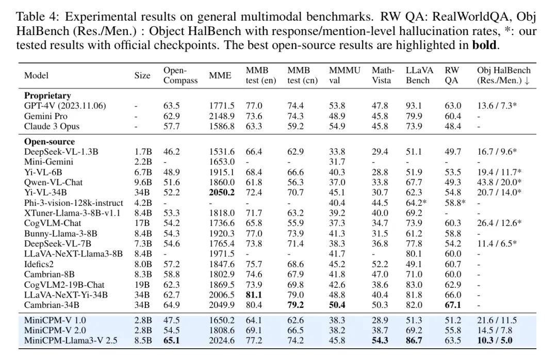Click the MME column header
[x=220, y=75]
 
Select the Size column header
[x=142, y=75]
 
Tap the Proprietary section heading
[x=47, y=95]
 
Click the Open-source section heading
[x=50, y=141]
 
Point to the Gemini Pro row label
[x=45, y=116]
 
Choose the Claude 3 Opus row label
[x=52, y=126]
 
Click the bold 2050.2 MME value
[x=222, y=192]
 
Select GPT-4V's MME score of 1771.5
[x=222, y=106]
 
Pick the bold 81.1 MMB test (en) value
[x=254, y=294]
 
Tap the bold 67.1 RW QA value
[x=453, y=305]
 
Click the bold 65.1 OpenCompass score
[x=171, y=340]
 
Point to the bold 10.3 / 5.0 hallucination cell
[x=495, y=340]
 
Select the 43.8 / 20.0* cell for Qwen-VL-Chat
[x=499, y=182]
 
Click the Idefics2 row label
[x=39, y=264]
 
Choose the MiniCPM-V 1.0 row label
[x=55, y=320]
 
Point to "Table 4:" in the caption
[x=38, y=17]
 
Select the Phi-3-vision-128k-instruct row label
[x=74, y=203]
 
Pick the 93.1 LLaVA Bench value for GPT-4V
[x=414, y=106]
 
